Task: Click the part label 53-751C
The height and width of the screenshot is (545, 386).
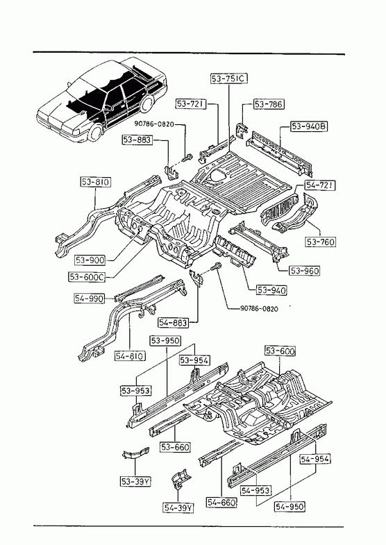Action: pyautogui.click(x=229, y=78)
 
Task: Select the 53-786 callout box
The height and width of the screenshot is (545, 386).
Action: pyautogui.click(x=269, y=104)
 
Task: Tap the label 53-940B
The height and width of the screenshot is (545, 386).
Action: pyautogui.click(x=309, y=126)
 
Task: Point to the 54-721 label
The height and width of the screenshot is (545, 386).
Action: pyautogui.click(x=320, y=185)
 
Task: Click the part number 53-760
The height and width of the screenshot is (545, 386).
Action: pyautogui.click(x=321, y=242)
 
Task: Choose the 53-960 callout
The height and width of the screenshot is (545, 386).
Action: pyautogui.click(x=304, y=270)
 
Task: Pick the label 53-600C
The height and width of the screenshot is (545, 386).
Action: pyautogui.click(x=87, y=277)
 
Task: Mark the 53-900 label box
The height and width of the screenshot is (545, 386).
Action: pyautogui.click(x=90, y=260)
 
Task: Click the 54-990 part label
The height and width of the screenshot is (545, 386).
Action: pyautogui.click(x=89, y=299)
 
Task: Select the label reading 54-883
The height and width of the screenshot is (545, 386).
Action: pyautogui.click(x=173, y=323)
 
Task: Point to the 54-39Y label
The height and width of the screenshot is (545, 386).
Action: pyautogui.click(x=178, y=508)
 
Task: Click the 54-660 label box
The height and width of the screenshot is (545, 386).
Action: pyautogui.click(x=221, y=502)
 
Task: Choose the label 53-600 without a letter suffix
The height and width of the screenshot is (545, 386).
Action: pyautogui.click(x=280, y=351)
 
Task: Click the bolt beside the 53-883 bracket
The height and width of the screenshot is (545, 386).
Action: pyautogui.click(x=187, y=158)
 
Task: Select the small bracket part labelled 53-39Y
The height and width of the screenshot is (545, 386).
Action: pyautogui.click(x=135, y=454)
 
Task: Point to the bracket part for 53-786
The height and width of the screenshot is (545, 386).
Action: pyautogui.click(x=241, y=129)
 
